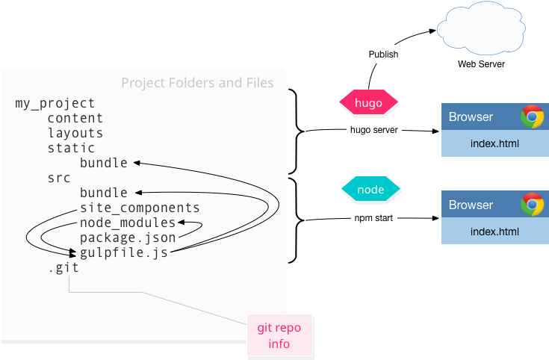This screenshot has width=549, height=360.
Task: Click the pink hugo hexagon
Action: [369, 103]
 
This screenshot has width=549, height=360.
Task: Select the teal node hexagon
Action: [370, 190]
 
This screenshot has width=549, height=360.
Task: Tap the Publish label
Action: [383, 55]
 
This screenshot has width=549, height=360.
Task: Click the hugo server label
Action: [374, 130]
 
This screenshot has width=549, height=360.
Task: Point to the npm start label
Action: [373, 219]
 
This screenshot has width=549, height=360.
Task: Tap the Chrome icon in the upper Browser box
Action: [533, 117]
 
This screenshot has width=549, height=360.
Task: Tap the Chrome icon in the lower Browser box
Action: [533, 205]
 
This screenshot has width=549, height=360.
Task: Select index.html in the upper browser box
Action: [494, 143]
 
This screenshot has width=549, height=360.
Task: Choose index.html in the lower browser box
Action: [494, 232]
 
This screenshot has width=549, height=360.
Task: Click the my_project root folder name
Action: [55, 103]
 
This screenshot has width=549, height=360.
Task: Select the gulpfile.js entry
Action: [123, 252]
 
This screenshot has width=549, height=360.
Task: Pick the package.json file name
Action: [128, 238]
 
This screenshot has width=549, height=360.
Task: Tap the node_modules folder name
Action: [128, 223]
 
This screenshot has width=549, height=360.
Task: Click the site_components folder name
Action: [140, 208]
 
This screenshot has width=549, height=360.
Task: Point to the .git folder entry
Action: [63, 267]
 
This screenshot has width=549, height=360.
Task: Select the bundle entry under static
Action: [104, 163]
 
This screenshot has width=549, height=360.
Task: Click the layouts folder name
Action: [75, 133]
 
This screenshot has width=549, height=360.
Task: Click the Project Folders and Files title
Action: [197, 82]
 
